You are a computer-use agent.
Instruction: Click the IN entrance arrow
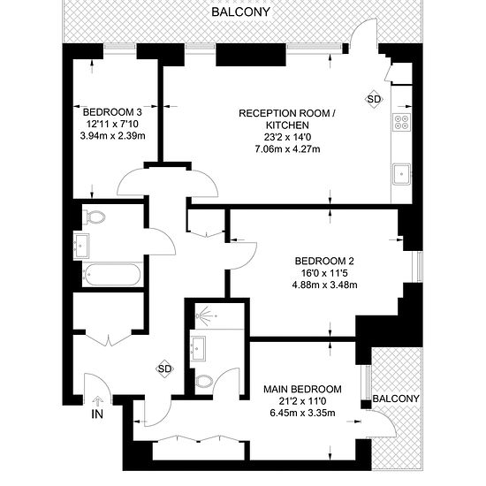(97, 401)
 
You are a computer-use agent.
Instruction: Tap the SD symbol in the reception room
(374, 99)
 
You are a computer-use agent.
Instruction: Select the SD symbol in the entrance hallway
(164, 368)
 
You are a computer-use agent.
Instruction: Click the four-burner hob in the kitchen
(402, 121)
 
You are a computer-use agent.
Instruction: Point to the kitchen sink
(402, 174)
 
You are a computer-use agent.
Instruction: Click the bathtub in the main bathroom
(112, 274)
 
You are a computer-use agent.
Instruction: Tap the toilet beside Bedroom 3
(94, 217)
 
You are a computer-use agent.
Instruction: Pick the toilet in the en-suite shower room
(204, 381)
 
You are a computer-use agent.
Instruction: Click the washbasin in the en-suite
(198, 349)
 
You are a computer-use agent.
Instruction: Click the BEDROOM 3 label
(112, 111)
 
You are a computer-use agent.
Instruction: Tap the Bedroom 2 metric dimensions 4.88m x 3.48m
(324, 285)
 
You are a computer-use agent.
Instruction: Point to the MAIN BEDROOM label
(302, 389)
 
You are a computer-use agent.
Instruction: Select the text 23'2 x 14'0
(287, 137)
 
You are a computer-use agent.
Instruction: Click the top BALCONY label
(241, 11)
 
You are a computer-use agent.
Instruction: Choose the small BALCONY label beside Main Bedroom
(396, 399)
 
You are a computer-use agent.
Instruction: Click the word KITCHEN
(287, 125)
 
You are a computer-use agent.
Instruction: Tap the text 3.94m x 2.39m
(112, 136)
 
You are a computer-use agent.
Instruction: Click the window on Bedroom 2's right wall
(420, 267)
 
